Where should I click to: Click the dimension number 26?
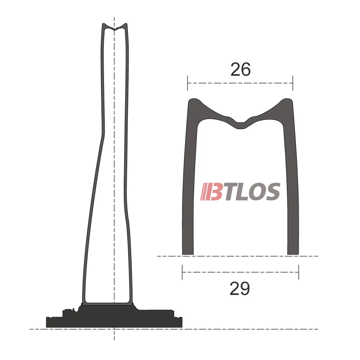(241, 69)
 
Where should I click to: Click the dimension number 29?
(240, 289)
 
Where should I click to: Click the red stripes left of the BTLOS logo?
(205, 192)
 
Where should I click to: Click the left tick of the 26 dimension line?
(187, 83)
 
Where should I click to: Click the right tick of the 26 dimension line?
(293, 83)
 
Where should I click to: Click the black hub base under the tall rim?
(114, 318)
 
